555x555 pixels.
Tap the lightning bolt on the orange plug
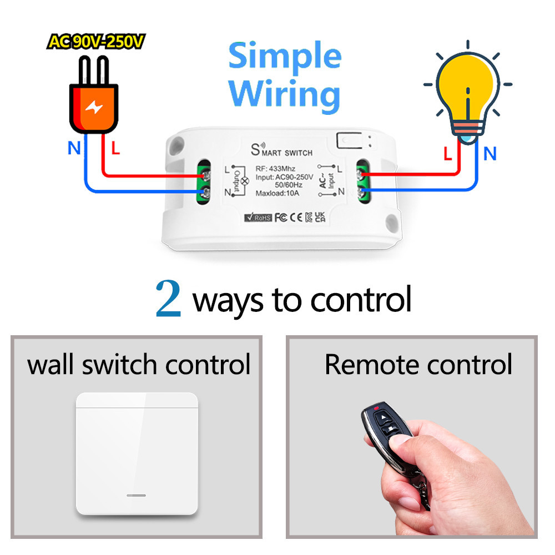coord(93,108)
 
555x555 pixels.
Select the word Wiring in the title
coord(284,94)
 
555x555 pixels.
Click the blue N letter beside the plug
coord(73,148)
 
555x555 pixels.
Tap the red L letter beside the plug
coord(115,148)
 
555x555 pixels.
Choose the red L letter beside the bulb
coord(448,154)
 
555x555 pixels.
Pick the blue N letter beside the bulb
coord(490,154)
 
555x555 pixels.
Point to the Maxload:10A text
coord(278,193)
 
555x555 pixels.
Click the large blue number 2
coord(168,298)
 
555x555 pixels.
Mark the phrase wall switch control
coord(139,365)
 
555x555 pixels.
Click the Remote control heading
coord(418,365)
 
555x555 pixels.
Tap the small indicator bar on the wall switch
coord(137,493)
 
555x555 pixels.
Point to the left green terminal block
coord(205,184)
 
